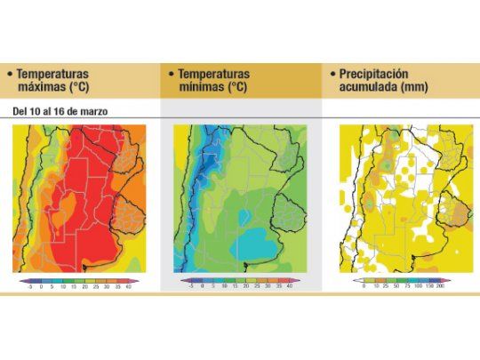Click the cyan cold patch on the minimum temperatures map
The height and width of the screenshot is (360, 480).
pos(258,242)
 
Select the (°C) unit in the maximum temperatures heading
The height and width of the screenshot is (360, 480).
pos(92,89)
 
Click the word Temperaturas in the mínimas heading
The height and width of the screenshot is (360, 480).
pos(214,75)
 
